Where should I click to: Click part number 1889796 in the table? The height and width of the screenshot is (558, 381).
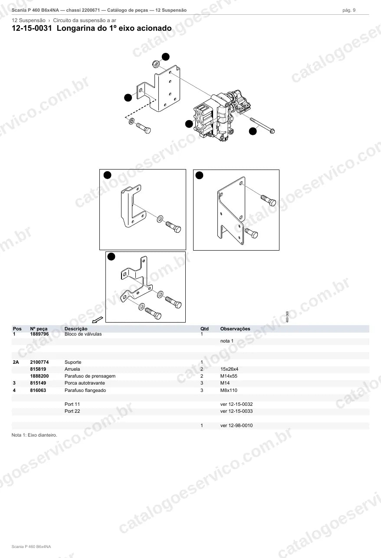point(39,334)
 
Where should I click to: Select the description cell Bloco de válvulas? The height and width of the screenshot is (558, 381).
point(83,334)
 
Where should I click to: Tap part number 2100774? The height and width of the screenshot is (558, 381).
point(39,362)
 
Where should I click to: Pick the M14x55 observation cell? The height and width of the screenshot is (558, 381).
point(229,376)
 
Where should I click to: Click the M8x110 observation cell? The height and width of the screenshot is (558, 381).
point(229,390)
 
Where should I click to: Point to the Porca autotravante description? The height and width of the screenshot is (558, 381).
point(85,383)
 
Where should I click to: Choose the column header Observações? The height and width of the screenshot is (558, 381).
point(235,329)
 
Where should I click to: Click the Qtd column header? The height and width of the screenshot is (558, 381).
point(204,329)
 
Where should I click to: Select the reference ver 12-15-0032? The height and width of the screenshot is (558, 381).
point(236,405)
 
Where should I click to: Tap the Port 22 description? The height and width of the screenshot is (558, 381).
point(72,411)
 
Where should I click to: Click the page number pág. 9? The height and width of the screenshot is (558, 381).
point(349,10)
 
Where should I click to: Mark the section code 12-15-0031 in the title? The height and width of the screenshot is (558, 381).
point(32,28)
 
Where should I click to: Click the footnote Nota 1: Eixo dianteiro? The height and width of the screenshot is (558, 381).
point(34,435)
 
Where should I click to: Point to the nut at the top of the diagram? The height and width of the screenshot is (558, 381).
point(156,64)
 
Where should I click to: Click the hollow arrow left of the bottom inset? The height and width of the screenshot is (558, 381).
point(98,320)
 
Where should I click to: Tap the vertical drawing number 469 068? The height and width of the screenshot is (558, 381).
point(287,317)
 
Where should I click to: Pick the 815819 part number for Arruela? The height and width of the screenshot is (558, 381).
point(38,369)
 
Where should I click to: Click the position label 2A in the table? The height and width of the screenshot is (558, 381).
point(16,362)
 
